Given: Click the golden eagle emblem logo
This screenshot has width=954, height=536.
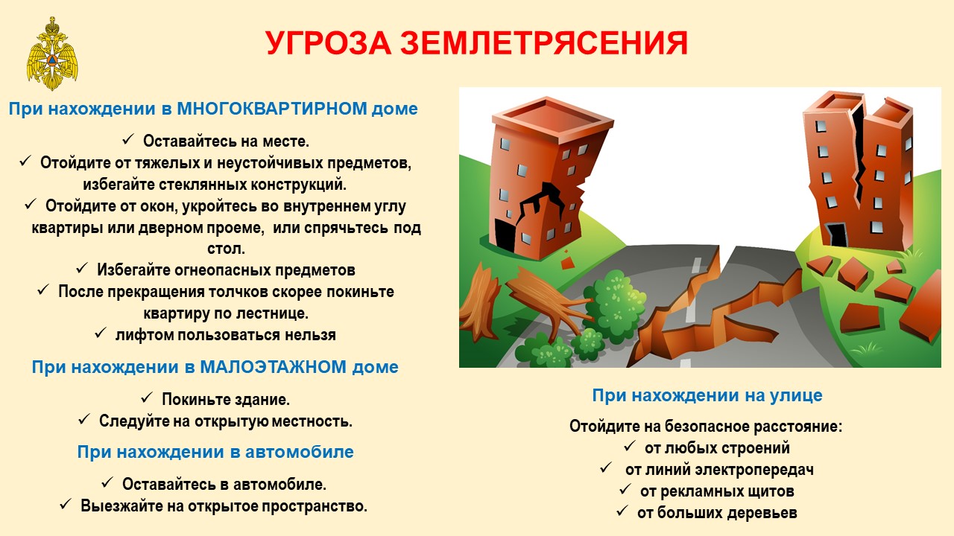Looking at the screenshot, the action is coord(52,54).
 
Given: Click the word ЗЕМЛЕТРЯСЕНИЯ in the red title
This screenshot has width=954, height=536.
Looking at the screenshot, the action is coord(544,43).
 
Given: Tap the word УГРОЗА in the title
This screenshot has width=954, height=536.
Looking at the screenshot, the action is coord(329,43).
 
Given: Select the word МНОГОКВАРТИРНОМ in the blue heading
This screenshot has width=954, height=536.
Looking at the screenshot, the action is coord(272,109).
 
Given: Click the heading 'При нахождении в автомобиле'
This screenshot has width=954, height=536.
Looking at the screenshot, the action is coord(215,452).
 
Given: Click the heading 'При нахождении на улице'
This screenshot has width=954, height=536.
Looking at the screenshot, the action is coord(707,395).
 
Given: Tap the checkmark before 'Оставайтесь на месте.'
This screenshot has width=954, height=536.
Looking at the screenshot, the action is coord(127,139).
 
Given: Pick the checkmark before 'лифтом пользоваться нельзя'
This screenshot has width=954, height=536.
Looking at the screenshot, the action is coord(100,333).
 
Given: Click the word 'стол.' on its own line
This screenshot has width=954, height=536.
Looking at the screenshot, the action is coord(226,249).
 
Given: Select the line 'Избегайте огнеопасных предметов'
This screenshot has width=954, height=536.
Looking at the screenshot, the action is coord(226,269).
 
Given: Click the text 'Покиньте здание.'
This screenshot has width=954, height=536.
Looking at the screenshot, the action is coord(226,400).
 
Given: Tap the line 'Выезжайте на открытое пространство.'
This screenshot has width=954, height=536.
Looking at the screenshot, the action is coord(224,505).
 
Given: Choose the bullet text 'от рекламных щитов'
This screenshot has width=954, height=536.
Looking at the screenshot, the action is coord(717,491).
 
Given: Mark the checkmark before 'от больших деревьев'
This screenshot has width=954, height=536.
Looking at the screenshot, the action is coord(622,511).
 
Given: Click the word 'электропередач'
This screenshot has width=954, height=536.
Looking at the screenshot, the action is coord(754,470).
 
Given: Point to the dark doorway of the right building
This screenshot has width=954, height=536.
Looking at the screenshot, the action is coord(836,234).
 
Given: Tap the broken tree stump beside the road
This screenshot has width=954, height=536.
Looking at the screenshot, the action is coord(479,303).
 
